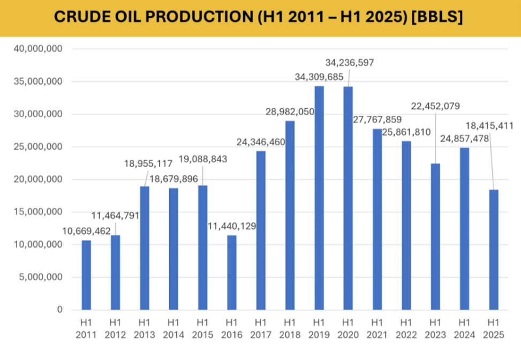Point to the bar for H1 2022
[x=406, y=225]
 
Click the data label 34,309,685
[x=319, y=77]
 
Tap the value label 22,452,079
[x=435, y=106]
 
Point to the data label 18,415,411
[x=489, y=126]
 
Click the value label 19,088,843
[x=203, y=159]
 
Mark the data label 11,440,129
[x=232, y=226]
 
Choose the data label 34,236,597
[x=349, y=62]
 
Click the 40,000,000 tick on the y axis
[x=41, y=49]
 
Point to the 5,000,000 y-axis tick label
[x=43, y=277]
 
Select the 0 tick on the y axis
[x=60, y=310]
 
